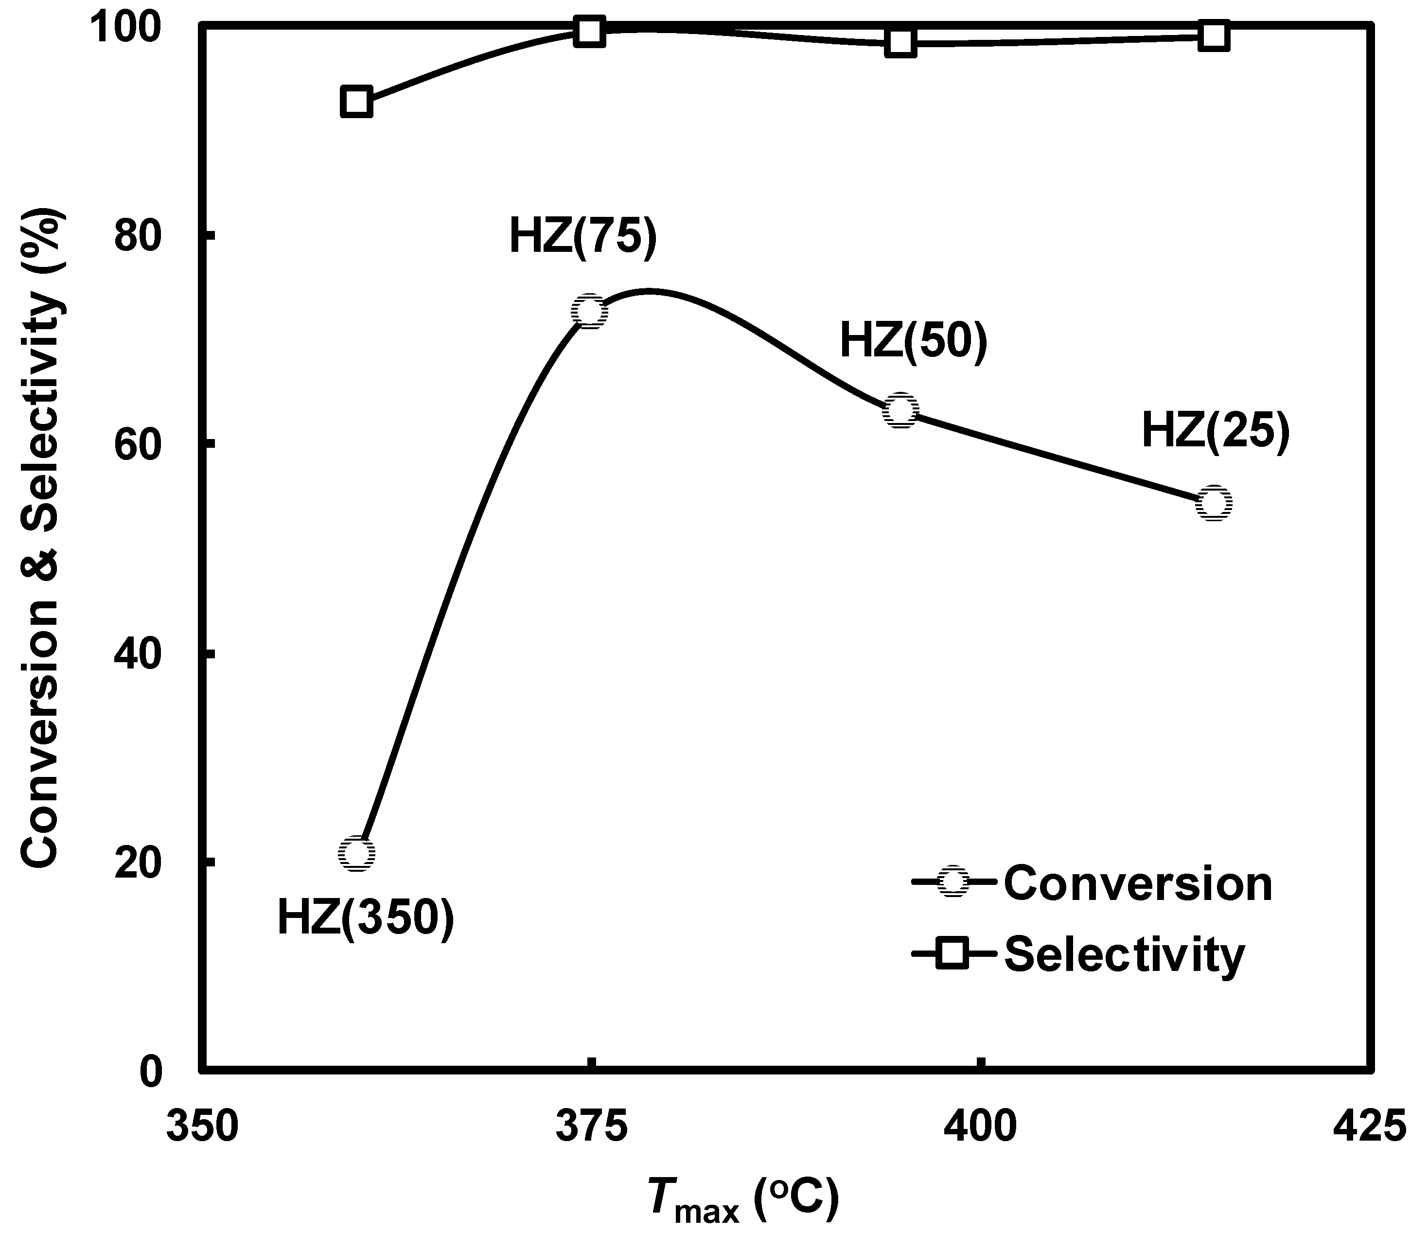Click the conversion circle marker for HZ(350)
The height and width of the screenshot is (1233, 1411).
(x=356, y=854)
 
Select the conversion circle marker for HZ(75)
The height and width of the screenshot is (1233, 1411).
(x=590, y=312)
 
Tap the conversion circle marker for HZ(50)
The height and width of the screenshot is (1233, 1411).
(x=900, y=411)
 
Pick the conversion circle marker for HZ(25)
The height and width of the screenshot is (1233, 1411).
(x=1214, y=503)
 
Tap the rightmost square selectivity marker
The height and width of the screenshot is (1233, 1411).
(x=1214, y=36)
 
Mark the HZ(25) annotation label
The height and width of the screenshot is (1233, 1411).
(x=1216, y=431)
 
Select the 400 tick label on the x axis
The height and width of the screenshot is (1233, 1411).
(x=980, y=1127)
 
